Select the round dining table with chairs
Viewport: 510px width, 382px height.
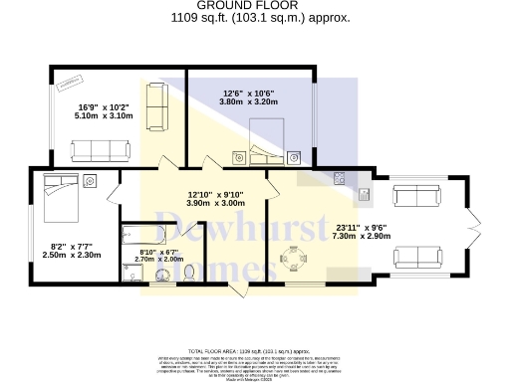point(294,259)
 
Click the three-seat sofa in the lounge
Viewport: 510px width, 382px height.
point(100,150)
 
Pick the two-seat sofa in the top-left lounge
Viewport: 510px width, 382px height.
point(156,107)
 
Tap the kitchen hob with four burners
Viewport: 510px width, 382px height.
point(341,179)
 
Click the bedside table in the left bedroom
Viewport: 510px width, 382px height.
point(91,180)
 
